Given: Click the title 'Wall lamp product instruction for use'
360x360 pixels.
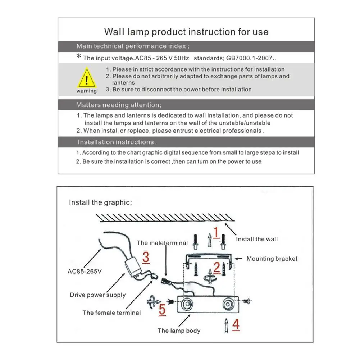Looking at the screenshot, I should point(186,32).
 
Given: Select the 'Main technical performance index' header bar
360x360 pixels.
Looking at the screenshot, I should point(186,46).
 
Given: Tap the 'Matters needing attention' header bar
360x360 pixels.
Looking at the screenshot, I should point(186,105).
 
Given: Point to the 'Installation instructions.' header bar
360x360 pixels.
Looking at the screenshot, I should point(186,142).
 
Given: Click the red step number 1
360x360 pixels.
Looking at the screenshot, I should point(216,233).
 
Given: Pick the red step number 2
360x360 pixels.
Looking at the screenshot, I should point(217,267).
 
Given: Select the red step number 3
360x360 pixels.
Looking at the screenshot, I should point(146,257).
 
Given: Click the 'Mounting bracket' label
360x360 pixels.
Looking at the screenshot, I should point(272,259).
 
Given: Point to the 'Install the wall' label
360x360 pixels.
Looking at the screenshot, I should point(257,239).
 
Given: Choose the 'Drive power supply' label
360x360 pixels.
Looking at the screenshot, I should point(97,295).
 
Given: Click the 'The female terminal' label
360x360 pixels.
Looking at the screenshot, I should point(111,313).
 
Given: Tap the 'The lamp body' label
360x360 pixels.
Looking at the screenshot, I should point(179,331).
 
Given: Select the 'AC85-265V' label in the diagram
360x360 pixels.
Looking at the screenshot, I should point(85,271).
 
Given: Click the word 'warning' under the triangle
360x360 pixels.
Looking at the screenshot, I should point(86,91).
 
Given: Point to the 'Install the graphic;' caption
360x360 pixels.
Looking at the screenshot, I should point(100,202).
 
